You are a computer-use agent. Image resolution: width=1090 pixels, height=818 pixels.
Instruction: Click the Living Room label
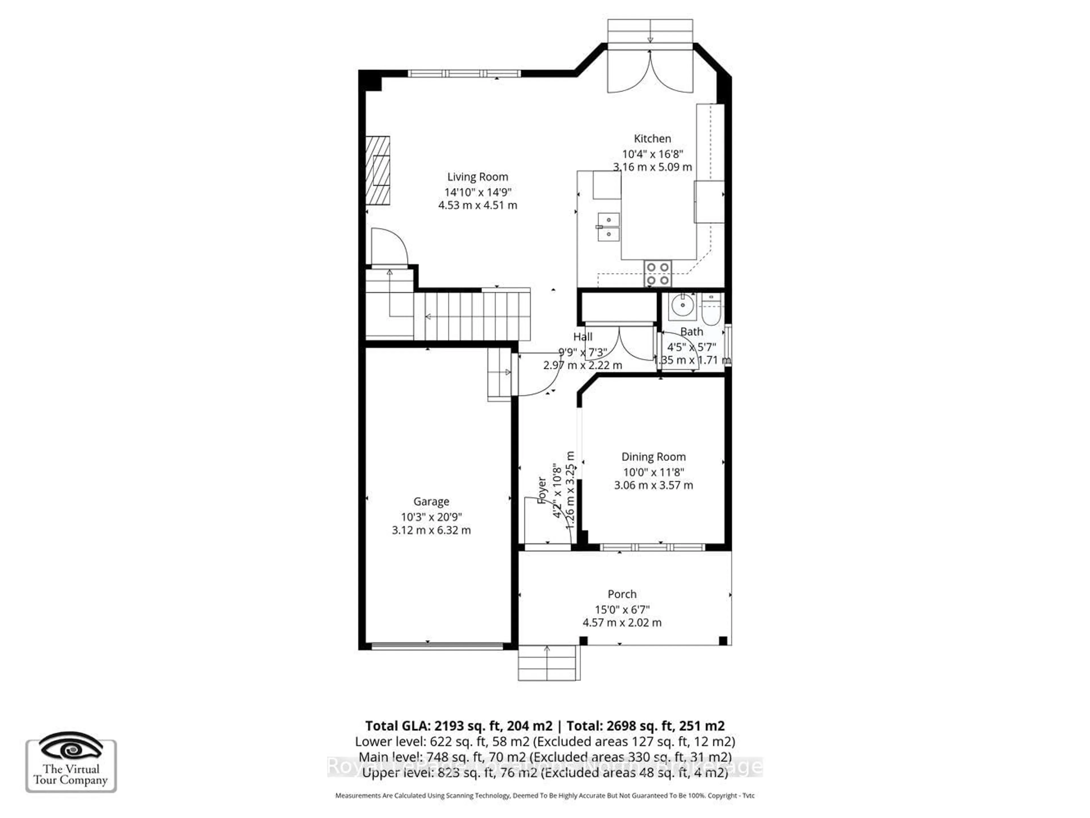coord(477,177)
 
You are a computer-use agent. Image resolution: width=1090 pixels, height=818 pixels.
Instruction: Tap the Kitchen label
coord(652,139)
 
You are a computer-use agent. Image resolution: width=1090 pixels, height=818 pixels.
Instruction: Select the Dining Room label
coord(653,457)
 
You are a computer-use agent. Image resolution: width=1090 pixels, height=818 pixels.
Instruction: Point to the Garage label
coord(431,502)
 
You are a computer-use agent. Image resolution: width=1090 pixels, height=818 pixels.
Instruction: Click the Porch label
coord(622,594)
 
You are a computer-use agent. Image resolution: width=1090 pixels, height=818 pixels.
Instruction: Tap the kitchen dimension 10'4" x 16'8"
coord(652,154)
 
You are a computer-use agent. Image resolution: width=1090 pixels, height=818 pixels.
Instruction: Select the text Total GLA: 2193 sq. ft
coord(458,726)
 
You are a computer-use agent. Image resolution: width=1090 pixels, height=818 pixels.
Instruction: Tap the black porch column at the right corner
coord(723,641)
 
